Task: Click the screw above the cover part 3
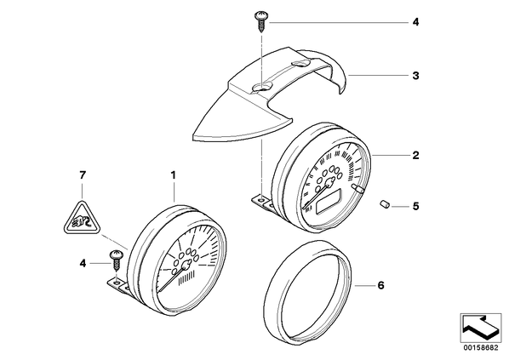pyautogui.click(x=261, y=20)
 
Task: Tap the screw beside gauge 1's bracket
pyautogui.click(x=117, y=260)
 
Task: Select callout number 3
pyautogui.click(x=416, y=76)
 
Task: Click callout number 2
pyautogui.click(x=416, y=155)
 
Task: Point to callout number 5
pyautogui.click(x=416, y=206)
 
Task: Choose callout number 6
pyautogui.click(x=380, y=285)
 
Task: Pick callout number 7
pyautogui.click(x=83, y=175)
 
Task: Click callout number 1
pyautogui.click(x=174, y=175)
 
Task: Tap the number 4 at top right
pyautogui.click(x=416, y=22)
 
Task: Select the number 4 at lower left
pyautogui.click(x=83, y=264)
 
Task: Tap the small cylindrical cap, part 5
pyautogui.click(x=385, y=205)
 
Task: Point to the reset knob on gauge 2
pyautogui.click(x=358, y=189)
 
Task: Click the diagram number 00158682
pyautogui.click(x=481, y=348)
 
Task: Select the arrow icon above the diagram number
pyautogui.click(x=481, y=329)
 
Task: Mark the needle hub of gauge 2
pyautogui.click(x=330, y=182)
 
